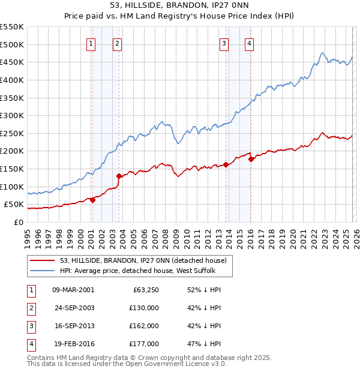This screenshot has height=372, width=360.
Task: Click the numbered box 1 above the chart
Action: click(x=91, y=43)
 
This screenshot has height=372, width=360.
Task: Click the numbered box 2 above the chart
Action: click(x=117, y=43)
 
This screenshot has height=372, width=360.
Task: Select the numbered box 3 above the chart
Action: click(x=223, y=43)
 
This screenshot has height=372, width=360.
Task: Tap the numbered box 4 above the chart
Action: click(x=248, y=43)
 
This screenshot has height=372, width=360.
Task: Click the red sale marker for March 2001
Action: click(x=92, y=200)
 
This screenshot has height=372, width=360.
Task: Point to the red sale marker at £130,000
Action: click(x=119, y=176)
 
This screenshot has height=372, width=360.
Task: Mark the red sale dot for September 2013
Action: click(x=226, y=164)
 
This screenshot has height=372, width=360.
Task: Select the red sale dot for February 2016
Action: click(x=251, y=159)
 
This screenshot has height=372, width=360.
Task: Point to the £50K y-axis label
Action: click(x=13, y=205)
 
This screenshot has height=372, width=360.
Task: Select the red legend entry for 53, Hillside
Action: click(x=143, y=260)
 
